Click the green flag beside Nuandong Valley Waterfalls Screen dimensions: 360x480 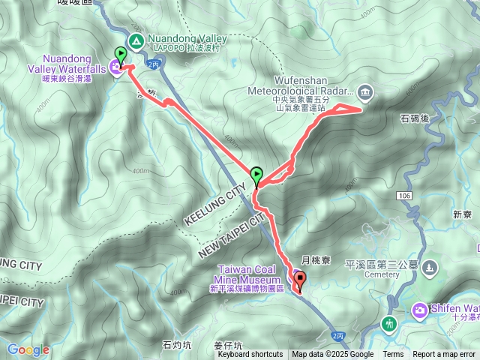point(120,54)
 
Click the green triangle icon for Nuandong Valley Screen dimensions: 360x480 point(136,40)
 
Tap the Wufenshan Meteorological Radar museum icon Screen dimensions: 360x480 point(365,92)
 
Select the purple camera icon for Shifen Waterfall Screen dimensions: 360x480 point(420,309)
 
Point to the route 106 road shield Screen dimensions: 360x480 point(405,195)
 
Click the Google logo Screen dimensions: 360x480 point(28,349)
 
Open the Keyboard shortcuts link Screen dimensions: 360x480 point(250,355)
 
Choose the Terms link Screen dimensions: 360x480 point(393,355)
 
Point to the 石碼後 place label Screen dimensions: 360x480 point(413,118)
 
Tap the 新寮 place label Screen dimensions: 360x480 point(462,214)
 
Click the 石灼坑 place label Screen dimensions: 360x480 point(177,346)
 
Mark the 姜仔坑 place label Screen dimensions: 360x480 point(228,346)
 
